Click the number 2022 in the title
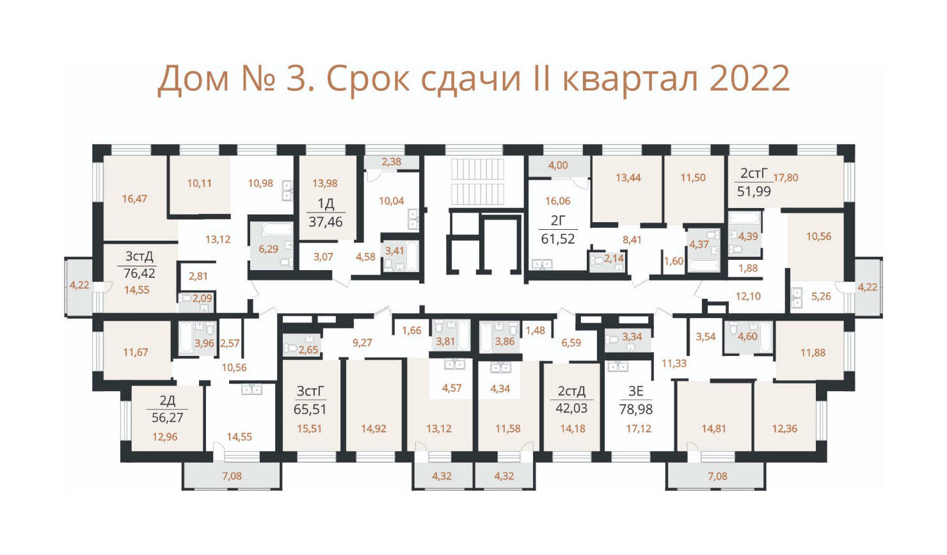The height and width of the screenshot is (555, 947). coord(749,79)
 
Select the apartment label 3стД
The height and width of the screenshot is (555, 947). coord(139,256)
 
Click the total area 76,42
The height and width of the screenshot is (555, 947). coord(139,273)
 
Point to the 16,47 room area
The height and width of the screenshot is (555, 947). coord(134,198)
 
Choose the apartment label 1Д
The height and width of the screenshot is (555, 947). coord(326,204)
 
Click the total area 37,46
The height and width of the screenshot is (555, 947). coord(325,221)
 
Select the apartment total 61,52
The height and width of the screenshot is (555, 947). coord(558,239)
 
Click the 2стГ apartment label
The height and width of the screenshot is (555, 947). coord(753,173)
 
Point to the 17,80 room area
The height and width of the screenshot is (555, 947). coord(786,178)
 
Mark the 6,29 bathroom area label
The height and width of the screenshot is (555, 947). coord(269,249)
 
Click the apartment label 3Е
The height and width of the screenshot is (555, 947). coord(635,391)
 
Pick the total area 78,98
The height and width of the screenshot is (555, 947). coord(636,409)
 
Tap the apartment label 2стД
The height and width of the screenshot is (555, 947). coord(571,391)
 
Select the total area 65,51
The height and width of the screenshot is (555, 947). coord(310,409)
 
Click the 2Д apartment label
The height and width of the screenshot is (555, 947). coord(168,400)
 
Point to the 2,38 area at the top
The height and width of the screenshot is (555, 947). coord(392,161)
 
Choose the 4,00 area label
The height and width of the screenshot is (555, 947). coord(558,165)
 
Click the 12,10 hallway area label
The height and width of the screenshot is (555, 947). coord(748,296)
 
